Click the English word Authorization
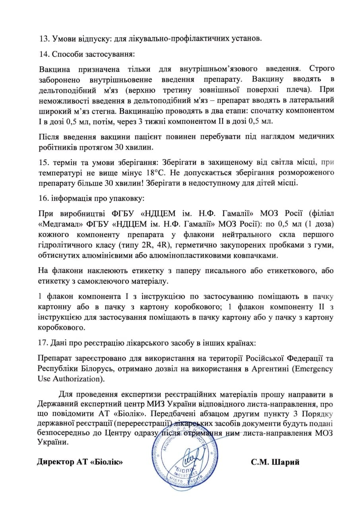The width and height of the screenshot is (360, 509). [75, 378]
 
